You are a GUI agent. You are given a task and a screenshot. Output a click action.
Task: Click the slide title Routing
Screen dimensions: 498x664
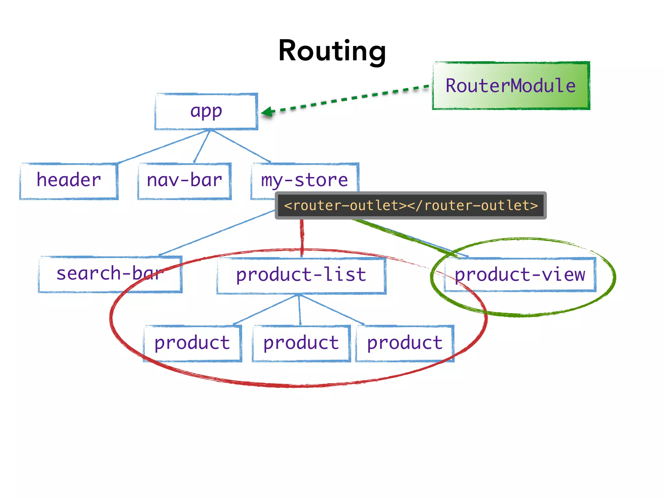(x=332, y=51)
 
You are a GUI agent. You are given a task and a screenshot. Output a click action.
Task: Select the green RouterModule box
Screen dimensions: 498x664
(x=511, y=86)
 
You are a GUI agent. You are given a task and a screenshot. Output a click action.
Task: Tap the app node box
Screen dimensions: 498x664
(x=206, y=112)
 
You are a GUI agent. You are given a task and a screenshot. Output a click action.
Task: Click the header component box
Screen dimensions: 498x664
(x=69, y=181)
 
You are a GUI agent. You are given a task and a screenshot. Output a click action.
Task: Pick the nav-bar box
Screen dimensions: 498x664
(x=184, y=181)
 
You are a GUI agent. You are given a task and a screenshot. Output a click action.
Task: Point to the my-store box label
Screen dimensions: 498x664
(x=304, y=180)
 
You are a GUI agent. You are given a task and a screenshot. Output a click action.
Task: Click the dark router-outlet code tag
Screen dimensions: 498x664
(x=410, y=206)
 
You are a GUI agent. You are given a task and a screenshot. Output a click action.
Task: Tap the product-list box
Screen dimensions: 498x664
(x=301, y=276)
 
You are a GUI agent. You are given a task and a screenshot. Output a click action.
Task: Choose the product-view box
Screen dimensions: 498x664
(x=520, y=275)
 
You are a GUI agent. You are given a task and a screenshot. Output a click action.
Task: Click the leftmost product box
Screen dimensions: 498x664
(x=193, y=343)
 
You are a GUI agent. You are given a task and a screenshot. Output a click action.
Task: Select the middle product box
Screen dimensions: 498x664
(x=301, y=343)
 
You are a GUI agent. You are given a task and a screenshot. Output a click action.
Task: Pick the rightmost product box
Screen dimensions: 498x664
(x=405, y=343)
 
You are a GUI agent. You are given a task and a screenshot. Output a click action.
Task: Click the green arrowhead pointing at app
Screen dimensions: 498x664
(x=268, y=112)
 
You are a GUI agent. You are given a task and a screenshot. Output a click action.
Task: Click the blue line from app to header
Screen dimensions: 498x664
(x=164, y=147)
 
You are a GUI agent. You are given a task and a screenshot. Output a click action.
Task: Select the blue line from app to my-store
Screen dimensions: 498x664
(x=241, y=146)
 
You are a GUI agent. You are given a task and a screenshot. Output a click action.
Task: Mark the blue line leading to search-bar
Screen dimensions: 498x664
(x=217, y=233)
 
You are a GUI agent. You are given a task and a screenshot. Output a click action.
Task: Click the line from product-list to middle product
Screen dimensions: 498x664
(x=299, y=310)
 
